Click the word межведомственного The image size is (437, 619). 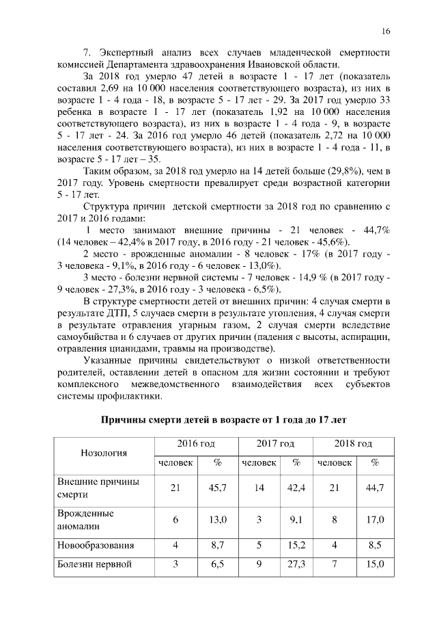(180, 384)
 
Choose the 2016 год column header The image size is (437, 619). (195, 444)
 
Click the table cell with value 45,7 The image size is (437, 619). (217, 488)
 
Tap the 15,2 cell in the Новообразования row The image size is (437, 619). (296, 546)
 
